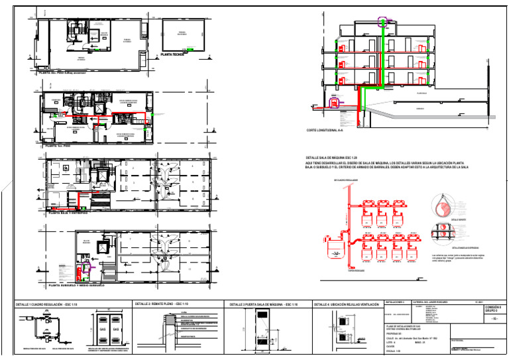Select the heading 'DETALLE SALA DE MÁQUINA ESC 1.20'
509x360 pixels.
click(x=336, y=153)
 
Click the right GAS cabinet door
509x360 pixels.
click(x=116, y=329)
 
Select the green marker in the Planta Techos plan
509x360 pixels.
click(x=192, y=49)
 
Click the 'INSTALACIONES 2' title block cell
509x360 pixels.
click(x=398, y=301)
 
